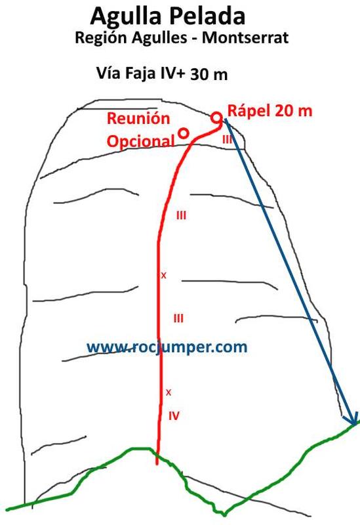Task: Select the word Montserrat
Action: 245,37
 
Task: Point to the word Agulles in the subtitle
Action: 159,38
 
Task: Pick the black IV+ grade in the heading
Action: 172,73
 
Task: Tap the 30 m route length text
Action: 209,74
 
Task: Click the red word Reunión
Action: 138,118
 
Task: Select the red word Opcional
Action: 141,141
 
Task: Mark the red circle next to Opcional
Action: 184,133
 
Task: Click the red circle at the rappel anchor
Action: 217,117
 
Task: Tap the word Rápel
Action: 249,110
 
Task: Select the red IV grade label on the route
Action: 174,416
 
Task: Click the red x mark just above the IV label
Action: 169,392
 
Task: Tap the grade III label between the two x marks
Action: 178,318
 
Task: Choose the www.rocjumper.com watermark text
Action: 167,348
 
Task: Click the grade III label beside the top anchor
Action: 228,139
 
